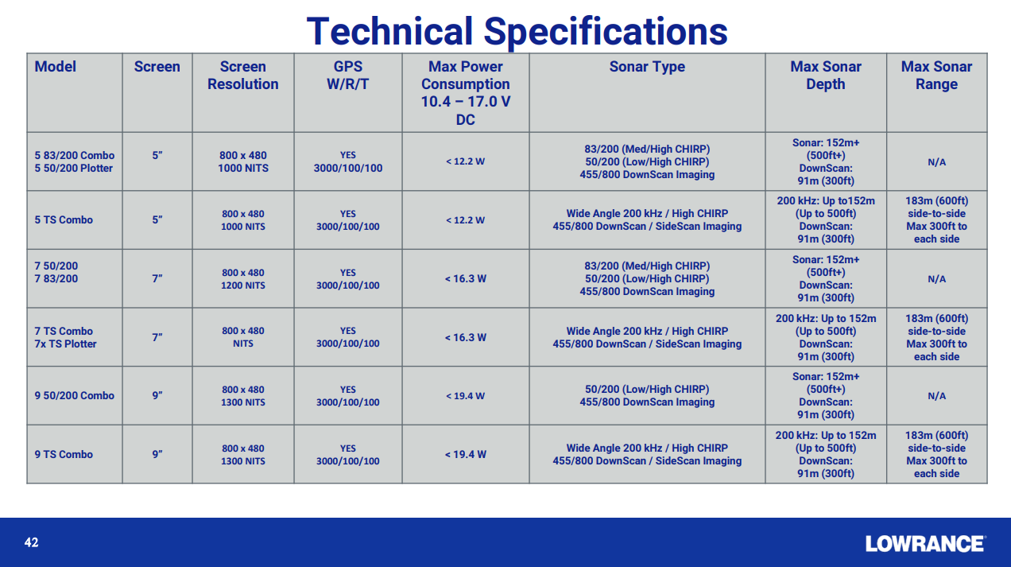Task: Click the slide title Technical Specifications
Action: tap(517, 31)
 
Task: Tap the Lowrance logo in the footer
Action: tap(926, 544)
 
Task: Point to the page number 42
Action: tap(31, 542)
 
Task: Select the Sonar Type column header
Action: tap(647, 67)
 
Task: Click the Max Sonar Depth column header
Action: tap(826, 76)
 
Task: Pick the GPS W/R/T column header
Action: tap(347, 76)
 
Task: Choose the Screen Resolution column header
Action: tap(243, 76)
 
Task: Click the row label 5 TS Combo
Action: tap(64, 219)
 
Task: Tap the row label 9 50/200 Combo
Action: tap(75, 395)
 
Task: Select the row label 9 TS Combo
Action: tap(64, 454)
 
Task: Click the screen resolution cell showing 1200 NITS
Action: tap(243, 279)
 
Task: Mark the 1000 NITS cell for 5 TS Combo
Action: tap(243, 220)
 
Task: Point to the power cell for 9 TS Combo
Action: tap(465, 455)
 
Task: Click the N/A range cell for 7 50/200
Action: tap(936, 279)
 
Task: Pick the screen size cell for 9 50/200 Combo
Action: tap(157, 395)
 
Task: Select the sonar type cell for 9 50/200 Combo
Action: tap(647, 395)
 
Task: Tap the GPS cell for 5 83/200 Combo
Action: tap(347, 161)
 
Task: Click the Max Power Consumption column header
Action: tap(465, 93)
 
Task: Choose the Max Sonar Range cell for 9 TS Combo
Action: tap(936, 454)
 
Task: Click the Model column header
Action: tap(55, 67)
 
